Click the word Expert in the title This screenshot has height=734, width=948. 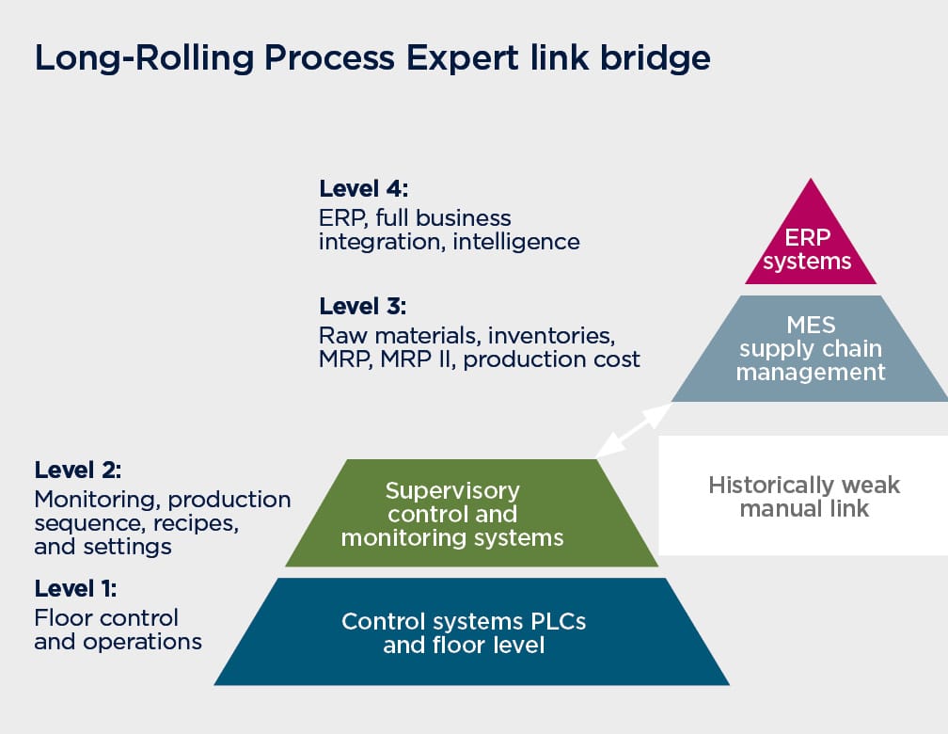tap(462, 59)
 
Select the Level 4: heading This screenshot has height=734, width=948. tap(364, 189)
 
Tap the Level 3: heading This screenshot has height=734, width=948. tap(363, 306)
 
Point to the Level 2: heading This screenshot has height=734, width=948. tap(78, 471)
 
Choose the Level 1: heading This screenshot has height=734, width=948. tap(75, 588)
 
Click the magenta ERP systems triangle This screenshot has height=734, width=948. tap(810, 242)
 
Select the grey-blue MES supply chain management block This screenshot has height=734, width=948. tap(810, 348)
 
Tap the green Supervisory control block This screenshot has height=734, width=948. tap(471, 513)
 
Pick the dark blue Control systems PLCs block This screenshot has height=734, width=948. tap(471, 631)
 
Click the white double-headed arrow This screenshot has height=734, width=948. tap(634, 430)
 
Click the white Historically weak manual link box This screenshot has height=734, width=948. tap(803, 496)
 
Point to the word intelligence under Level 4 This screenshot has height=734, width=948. tap(516, 242)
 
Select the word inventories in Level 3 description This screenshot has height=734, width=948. tap(551, 335)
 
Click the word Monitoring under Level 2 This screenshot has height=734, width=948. tap(98, 501)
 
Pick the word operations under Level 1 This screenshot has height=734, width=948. tap(142, 643)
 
